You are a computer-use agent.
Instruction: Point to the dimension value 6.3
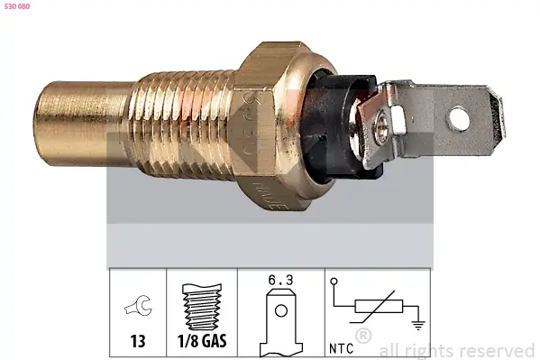[280, 282]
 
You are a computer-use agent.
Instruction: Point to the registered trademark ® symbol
[363, 337]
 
